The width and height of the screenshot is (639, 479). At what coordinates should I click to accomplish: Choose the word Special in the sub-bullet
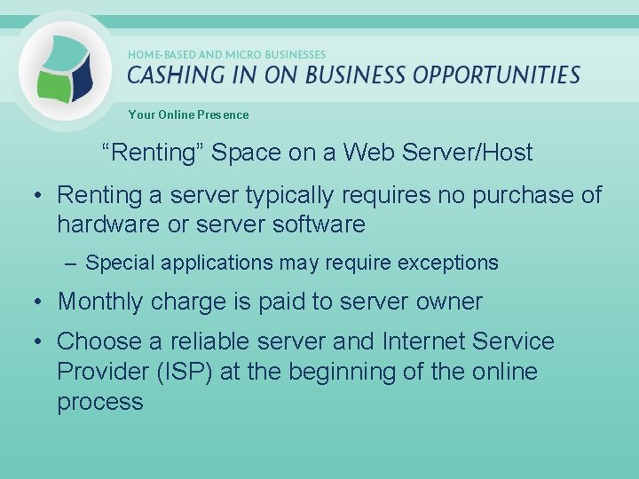coord(117,263)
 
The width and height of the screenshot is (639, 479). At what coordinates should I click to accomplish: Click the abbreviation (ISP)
coord(186,371)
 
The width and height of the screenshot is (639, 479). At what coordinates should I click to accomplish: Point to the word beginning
coord(348,371)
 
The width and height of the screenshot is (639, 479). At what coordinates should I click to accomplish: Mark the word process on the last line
coord(100,402)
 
